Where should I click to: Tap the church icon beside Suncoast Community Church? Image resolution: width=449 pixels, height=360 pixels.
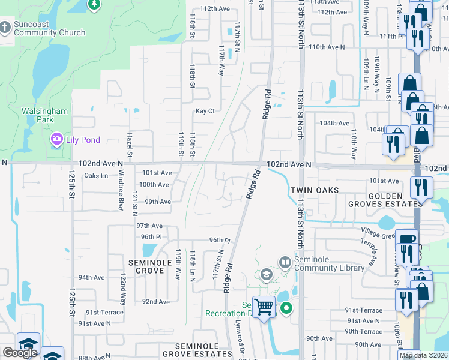(x=5, y=28)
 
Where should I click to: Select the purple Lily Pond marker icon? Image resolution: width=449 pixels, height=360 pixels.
(x=57, y=140)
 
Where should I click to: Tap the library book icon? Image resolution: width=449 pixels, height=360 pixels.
(x=285, y=262)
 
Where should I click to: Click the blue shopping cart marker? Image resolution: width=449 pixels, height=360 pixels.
(x=264, y=307)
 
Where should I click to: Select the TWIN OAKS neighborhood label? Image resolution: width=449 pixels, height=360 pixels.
(x=315, y=190)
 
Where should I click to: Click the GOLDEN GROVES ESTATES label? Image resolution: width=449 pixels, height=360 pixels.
(x=385, y=200)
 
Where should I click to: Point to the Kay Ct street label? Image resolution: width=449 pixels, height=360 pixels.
(x=205, y=111)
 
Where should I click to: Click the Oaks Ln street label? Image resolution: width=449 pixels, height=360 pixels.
(x=96, y=176)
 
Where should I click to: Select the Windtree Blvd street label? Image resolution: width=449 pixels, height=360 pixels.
(x=121, y=188)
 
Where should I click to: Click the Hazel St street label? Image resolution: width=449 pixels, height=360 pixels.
(x=129, y=146)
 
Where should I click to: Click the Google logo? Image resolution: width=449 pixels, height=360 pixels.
(x=20, y=353)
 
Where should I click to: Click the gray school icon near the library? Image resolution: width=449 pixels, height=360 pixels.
(x=266, y=275)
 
